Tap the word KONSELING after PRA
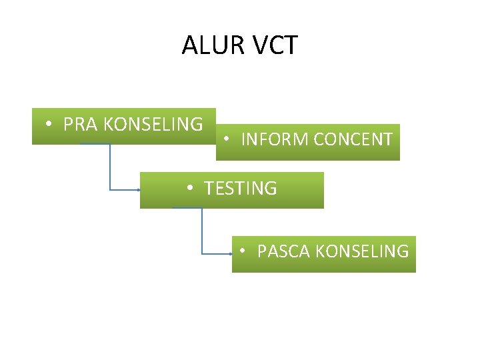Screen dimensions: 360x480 (153, 124)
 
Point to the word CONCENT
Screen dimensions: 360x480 (353, 139)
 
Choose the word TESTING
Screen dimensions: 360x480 (240, 189)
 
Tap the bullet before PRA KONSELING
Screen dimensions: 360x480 (50, 125)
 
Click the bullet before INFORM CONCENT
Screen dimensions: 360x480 (227, 140)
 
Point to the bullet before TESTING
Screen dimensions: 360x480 (190, 189)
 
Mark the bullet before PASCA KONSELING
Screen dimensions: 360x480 (243, 252)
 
